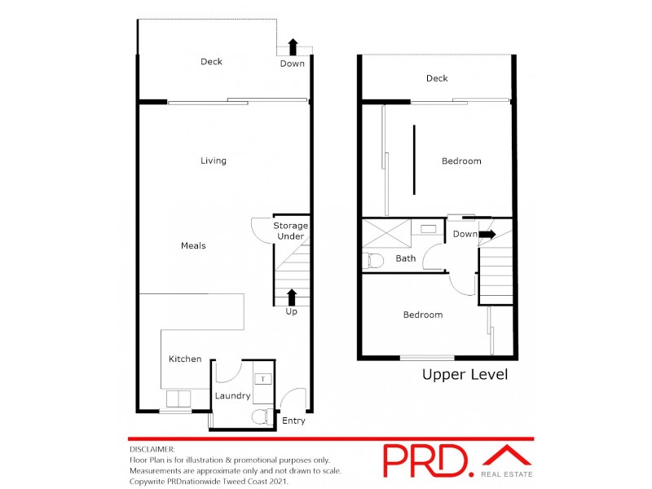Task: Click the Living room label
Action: tap(214, 161)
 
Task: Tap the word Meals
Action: tap(193, 245)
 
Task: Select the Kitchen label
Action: tap(185, 359)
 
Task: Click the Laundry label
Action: tap(232, 396)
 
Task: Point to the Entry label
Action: tap(293, 421)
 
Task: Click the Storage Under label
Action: tap(290, 231)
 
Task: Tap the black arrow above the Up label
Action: tap(292, 296)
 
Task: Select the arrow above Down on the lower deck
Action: tap(293, 46)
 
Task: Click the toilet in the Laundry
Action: tap(259, 417)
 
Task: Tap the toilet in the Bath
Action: tap(374, 261)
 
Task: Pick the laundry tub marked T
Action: tap(263, 379)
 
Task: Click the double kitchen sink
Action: tap(178, 399)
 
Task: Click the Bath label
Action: tap(405, 258)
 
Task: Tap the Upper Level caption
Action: tap(465, 375)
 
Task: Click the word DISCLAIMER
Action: tap(152, 449)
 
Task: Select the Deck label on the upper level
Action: tap(437, 78)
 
